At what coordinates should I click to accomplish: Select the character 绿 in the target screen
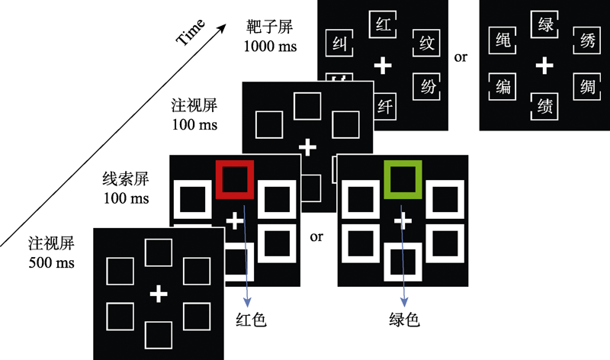pyautogui.click(x=544, y=26)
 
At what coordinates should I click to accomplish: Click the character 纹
pyautogui.click(x=427, y=43)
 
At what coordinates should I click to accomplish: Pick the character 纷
pyautogui.click(x=427, y=87)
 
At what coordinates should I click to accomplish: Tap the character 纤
pyautogui.click(x=384, y=106)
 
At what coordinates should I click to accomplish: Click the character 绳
pyautogui.click(x=501, y=43)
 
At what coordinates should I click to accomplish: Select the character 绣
pyautogui.click(x=586, y=43)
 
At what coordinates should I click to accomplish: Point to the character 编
pyautogui.click(x=501, y=87)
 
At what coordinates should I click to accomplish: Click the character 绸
pyautogui.click(x=586, y=87)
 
